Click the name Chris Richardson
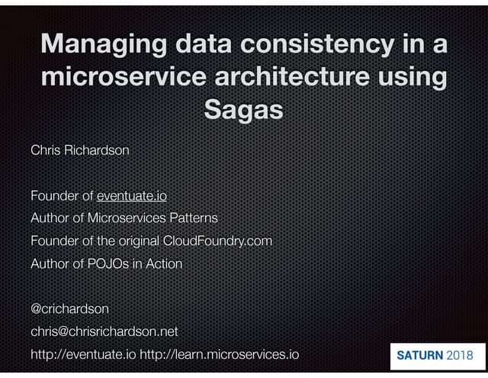click(x=79, y=150)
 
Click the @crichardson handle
click(x=69, y=309)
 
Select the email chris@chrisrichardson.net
click(x=104, y=331)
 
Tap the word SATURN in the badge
click(x=420, y=355)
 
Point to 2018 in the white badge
click(x=460, y=355)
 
